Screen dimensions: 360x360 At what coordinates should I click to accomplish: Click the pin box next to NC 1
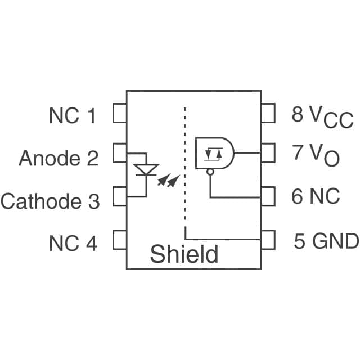coord(119,113)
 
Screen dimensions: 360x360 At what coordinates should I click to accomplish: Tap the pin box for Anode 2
coord(119,153)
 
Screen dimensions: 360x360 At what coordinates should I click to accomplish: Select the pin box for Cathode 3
coord(119,197)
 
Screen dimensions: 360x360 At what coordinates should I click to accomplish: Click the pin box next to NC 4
coord(119,240)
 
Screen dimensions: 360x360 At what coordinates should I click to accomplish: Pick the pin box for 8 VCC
coord(268,113)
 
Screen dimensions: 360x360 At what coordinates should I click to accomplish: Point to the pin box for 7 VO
coord(268,152)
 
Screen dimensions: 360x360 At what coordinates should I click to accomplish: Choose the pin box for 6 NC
coord(268,197)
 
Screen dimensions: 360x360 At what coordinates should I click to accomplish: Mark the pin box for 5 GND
coord(268,240)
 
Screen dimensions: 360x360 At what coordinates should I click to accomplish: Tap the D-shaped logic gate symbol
coord(214,152)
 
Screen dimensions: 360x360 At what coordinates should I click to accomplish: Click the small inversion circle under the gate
coord(210,172)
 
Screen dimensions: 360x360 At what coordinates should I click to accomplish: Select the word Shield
coord(183,254)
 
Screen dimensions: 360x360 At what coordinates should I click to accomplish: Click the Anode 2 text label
coord(58,159)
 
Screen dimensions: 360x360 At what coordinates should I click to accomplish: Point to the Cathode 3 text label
coord(50,201)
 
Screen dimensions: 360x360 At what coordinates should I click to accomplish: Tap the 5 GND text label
coord(326,241)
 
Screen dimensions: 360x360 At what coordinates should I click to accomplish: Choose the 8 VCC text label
coord(322,116)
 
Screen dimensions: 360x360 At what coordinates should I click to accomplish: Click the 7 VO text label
coord(316,155)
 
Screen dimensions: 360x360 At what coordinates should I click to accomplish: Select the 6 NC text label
coord(316,197)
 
